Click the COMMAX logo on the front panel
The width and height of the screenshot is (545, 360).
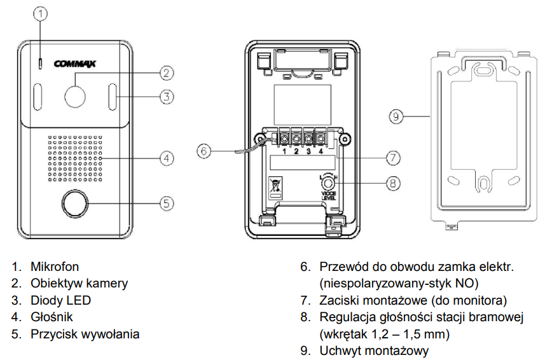pyautogui.click(x=75, y=64)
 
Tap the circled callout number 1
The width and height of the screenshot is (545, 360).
pyautogui.click(x=41, y=14)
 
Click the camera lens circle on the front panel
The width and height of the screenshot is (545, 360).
pyautogui.click(x=75, y=95)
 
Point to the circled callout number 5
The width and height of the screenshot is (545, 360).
pyautogui.click(x=167, y=204)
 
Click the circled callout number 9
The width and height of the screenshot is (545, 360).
pyautogui.click(x=396, y=116)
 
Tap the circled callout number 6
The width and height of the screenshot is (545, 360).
pyautogui.click(x=204, y=151)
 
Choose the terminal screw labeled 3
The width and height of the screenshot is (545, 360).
pyautogui.click(x=308, y=139)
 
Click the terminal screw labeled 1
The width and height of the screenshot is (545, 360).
pyautogui.click(x=284, y=139)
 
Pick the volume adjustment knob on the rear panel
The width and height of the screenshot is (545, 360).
pyautogui.click(x=328, y=183)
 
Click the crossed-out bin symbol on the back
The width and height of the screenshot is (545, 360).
pyautogui.click(x=275, y=186)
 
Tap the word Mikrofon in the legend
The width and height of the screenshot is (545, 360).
pyautogui.click(x=55, y=267)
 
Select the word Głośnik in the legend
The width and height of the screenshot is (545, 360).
pyautogui.click(x=52, y=317)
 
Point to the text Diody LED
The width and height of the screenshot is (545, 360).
pyautogui.click(x=60, y=300)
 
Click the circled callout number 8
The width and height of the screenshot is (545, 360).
pyautogui.click(x=393, y=183)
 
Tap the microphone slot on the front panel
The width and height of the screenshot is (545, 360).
pyautogui.click(x=40, y=63)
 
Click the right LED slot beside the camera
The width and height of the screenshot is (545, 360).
pyautogui.click(x=113, y=97)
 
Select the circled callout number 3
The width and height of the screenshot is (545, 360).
pyautogui.click(x=167, y=97)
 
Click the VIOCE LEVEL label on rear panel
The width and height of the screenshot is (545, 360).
pyautogui.click(x=328, y=196)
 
